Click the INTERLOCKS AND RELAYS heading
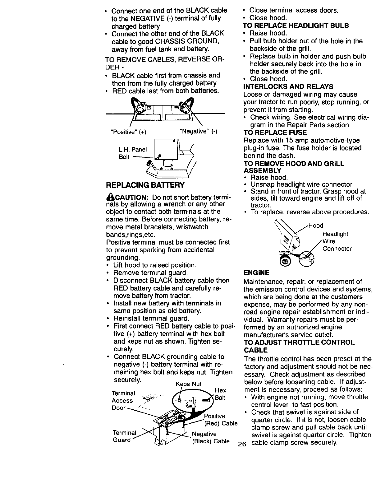point(288,86)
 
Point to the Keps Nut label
point(189,384)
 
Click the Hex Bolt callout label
point(221,394)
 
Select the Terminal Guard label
point(124,436)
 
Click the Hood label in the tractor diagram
point(316,226)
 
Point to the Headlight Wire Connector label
point(337,241)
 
